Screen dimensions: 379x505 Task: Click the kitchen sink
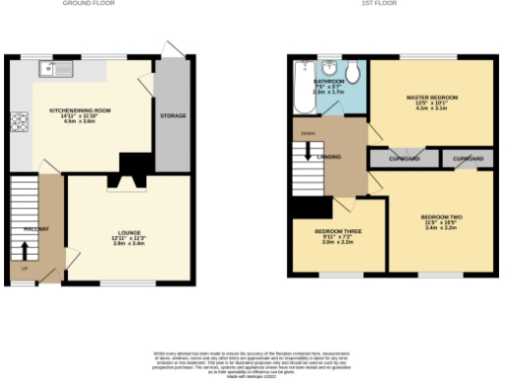tap(51, 69)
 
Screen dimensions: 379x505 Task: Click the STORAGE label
tap(173, 115)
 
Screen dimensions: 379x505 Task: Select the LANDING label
tap(329, 156)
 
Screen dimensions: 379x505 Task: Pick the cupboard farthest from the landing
tap(468, 157)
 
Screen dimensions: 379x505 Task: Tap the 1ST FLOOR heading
tap(379, 4)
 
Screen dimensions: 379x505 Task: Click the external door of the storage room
tap(174, 49)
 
